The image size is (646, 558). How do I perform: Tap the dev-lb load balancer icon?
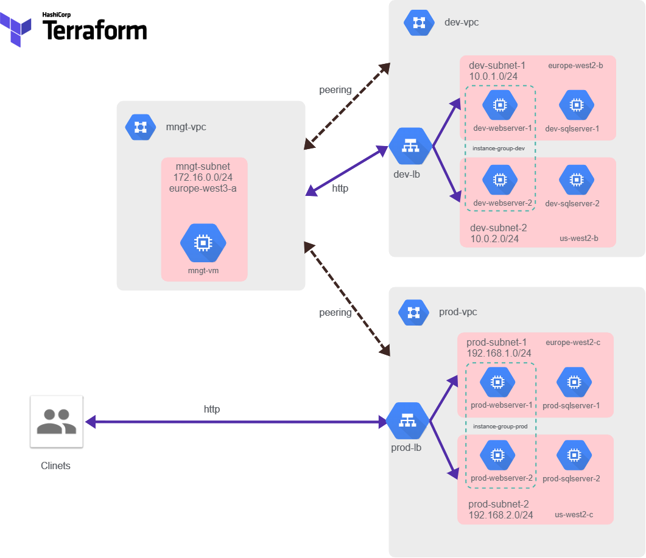pos(410,147)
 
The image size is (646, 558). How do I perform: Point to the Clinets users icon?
pos(57,422)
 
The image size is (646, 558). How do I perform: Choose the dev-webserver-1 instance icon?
pos(500,105)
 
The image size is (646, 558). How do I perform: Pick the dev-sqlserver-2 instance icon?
pos(576,180)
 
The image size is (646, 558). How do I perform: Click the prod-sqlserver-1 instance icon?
pos(574,382)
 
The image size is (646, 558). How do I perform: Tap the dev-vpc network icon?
pos(419,23)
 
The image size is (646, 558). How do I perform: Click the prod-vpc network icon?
pos(413,312)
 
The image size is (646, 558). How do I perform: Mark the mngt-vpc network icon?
pos(140,127)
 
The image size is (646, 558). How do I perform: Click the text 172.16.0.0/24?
pos(203,177)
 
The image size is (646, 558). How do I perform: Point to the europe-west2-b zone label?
pos(575,66)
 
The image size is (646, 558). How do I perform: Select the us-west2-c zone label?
pos(574,515)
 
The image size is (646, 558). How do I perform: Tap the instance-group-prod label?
pos(500,427)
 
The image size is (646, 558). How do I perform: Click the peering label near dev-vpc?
pos(335,90)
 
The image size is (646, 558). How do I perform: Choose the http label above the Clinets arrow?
pos(212,410)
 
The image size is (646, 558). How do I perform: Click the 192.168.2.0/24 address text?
pos(500,515)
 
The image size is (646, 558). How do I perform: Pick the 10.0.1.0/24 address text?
pos(493,77)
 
